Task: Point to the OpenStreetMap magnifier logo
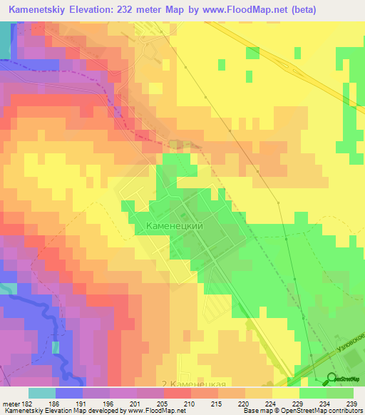point(332,379)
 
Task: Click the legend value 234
point(326,403)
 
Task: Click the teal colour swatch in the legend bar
point(42,393)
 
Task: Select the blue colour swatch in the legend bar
point(69,393)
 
